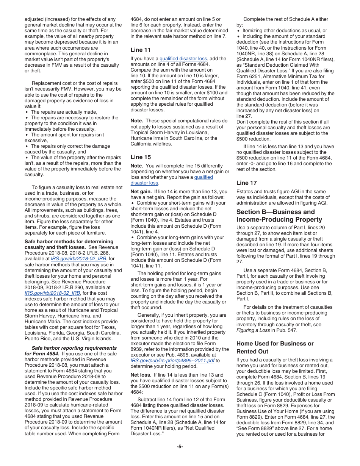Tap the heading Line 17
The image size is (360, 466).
tap(246, 183)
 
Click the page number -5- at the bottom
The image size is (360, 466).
tap(180, 447)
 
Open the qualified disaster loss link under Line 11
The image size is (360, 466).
tap(183, 59)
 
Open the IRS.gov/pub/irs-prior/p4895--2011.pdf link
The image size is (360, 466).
tap(173, 361)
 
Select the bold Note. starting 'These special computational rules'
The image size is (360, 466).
tap(137, 121)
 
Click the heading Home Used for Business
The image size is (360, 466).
tap(275, 344)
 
